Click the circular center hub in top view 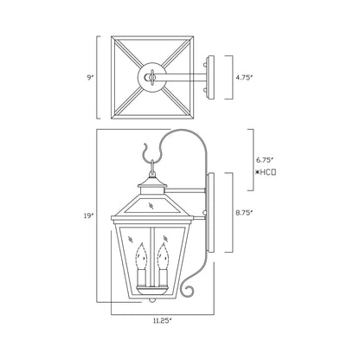151,77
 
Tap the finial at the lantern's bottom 151,300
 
